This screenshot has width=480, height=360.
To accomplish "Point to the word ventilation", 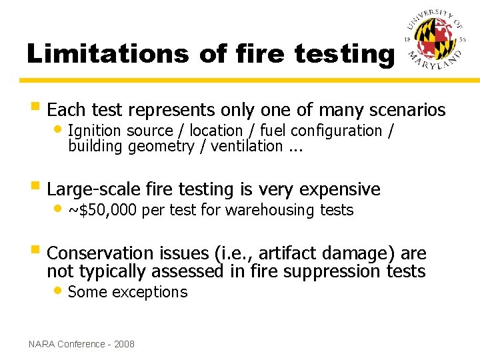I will tap(247, 146).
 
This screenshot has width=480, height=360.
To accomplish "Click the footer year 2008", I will tap(124, 344).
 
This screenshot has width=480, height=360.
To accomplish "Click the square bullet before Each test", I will tap(35, 109).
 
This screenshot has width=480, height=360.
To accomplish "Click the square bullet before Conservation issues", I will tap(35, 253).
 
